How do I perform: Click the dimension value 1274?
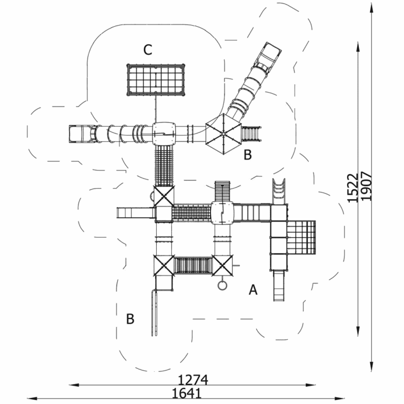coord(193,380)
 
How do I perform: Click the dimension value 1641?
coord(187,393)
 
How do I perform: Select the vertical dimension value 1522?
coord(353,188)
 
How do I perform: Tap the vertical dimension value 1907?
coord(367,186)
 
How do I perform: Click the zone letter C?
coord(148,50)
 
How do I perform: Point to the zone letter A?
coord(253,289)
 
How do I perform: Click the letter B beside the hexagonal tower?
coord(248,154)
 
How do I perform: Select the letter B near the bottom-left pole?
coord(130,318)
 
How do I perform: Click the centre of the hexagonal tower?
coord(223,134)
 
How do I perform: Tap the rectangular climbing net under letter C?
coord(156,80)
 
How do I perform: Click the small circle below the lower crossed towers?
coord(222,285)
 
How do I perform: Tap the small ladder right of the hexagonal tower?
coord(251,134)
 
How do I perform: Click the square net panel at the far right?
coord(301,237)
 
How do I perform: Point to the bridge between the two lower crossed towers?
coord(193,266)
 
